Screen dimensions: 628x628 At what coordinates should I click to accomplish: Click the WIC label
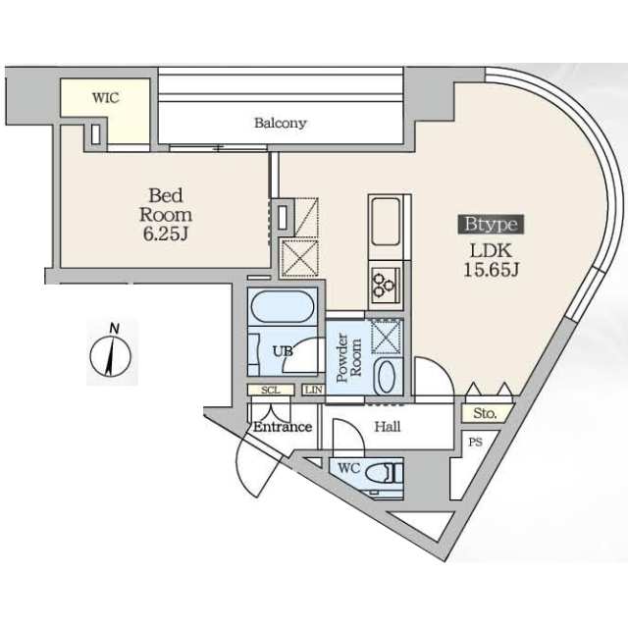pyautogui.click(x=106, y=98)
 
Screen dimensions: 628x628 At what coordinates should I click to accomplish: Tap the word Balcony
pyautogui.click(x=281, y=123)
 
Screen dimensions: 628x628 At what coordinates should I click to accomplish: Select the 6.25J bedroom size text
pyautogui.click(x=166, y=235)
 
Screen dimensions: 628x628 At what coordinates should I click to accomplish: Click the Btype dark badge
pyautogui.click(x=491, y=224)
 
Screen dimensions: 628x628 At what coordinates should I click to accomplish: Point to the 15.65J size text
pyautogui.click(x=491, y=270)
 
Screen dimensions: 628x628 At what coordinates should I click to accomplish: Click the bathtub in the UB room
pyautogui.click(x=283, y=306)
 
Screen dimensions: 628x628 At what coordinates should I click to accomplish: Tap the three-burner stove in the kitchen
pyautogui.click(x=386, y=284)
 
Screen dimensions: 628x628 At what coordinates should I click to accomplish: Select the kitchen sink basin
pyautogui.click(x=386, y=222)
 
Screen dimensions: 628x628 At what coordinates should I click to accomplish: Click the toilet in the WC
pyautogui.click(x=384, y=473)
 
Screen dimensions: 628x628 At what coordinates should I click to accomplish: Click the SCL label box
pyautogui.click(x=271, y=390)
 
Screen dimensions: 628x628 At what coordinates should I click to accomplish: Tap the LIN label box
pyautogui.click(x=313, y=390)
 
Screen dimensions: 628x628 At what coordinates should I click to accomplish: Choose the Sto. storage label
pyautogui.click(x=486, y=413)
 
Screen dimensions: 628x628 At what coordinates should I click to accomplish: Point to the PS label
pyautogui.click(x=475, y=443)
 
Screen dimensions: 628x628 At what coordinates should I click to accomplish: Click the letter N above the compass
pyautogui.click(x=115, y=330)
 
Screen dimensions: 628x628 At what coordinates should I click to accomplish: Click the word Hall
pyautogui.click(x=388, y=427)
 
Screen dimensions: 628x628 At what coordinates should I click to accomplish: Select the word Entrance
pyautogui.click(x=283, y=427)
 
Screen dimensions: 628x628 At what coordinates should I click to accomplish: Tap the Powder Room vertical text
pyautogui.click(x=349, y=357)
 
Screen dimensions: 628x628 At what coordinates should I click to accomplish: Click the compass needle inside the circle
pyautogui.click(x=110, y=356)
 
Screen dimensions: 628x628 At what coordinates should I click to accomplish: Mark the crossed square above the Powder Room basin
pyautogui.click(x=386, y=336)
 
